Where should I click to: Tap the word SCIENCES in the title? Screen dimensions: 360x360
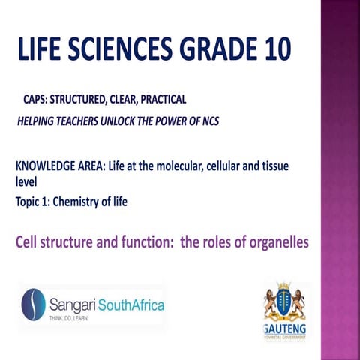coord(120,51)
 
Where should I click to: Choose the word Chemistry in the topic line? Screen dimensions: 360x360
coord(85,200)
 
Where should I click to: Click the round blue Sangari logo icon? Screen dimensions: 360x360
coord(34,304)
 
